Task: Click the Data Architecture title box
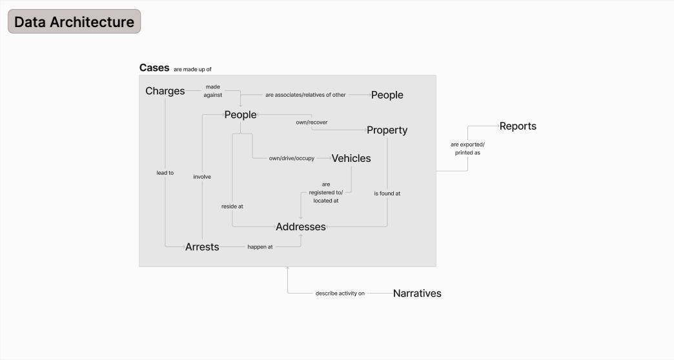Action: [x=74, y=22]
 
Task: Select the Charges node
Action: [x=165, y=91]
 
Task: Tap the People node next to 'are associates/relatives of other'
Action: [x=387, y=95]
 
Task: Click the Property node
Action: [x=387, y=130]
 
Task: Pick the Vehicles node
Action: [x=351, y=158]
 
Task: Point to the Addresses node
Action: [x=300, y=226]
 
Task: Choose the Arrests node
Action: [x=202, y=246]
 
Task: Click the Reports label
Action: [x=518, y=126]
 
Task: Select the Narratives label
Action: [x=417, y=293]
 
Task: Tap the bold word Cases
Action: [x=154, y=68]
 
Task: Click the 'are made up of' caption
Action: [x=192, y=69]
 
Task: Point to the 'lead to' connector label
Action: [x=165, y=173]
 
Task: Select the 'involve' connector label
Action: [x=202, y=176]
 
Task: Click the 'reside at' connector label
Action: [x=232, y=206]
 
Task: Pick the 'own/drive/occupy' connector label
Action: [x=292, y=158]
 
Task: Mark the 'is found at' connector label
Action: [x=387, y=193]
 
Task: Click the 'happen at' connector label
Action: [x=260, y=246]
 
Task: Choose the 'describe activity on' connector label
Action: [x=340, y=294]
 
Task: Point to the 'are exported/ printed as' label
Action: [x=467, y=148]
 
